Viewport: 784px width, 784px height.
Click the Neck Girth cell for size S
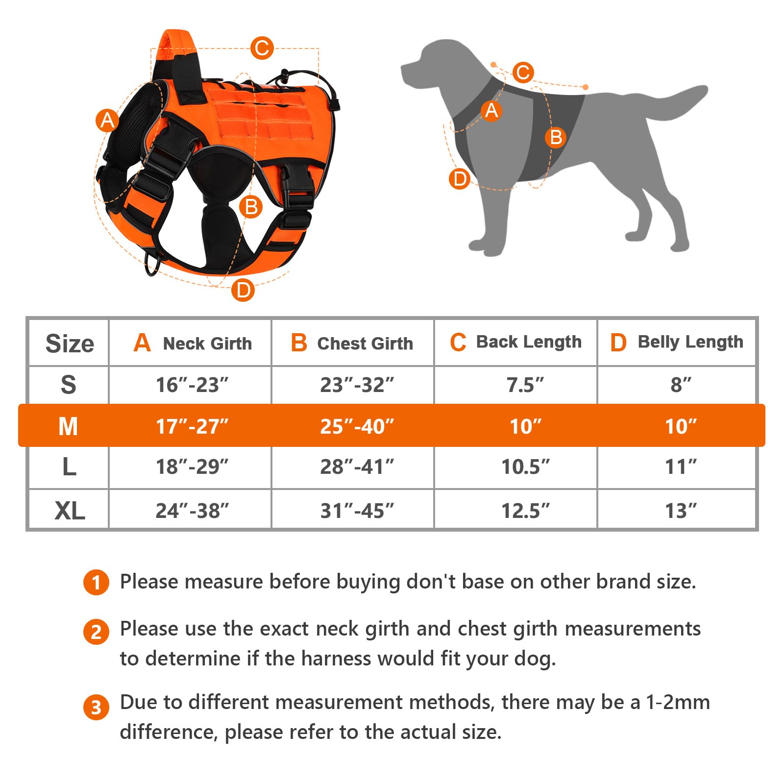pos(192,385)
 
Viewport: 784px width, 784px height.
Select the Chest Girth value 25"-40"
pos(357,426)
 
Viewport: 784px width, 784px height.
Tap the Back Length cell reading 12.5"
pos(525,511)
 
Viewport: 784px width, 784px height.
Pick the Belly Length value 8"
pos(681,385)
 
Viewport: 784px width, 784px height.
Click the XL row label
pos(69,511)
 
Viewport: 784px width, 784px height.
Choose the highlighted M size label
pos(68,426)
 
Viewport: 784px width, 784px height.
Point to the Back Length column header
pos(515,342)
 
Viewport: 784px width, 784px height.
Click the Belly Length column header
pos(677,342)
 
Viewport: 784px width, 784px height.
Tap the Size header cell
pos(69,343)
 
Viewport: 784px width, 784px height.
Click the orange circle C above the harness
pos(262,48)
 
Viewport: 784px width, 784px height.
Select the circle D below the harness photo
pos(243,290)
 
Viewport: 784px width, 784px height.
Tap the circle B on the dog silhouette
pos(556,137)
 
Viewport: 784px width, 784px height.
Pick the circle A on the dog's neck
pos(491,110)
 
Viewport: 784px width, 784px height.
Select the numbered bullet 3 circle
pos(96,707)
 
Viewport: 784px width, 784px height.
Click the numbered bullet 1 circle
pos(96,582)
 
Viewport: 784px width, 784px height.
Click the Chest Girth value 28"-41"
pos(357,467)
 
